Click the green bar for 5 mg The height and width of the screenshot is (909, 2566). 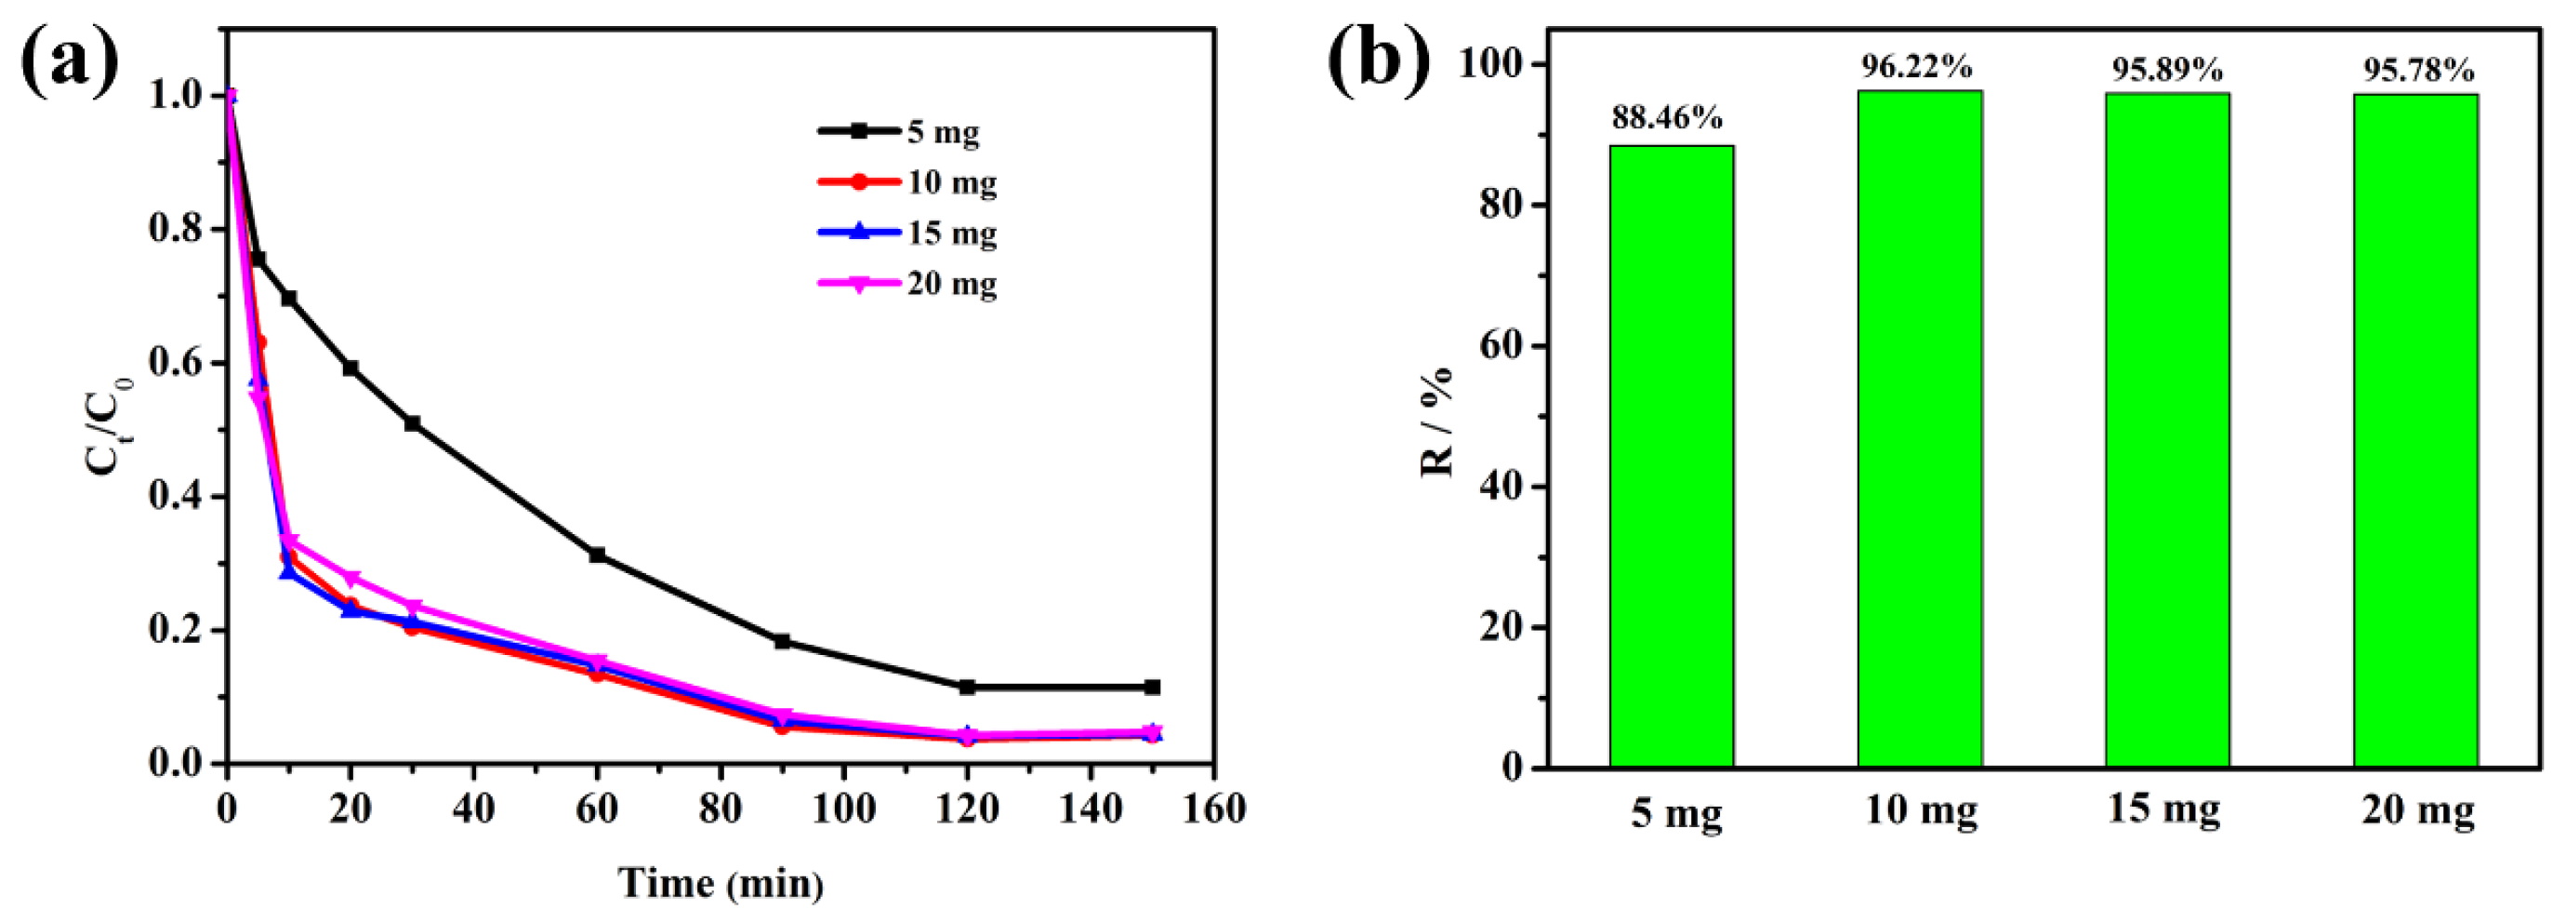tap(1672, 456)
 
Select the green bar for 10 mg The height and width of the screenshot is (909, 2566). tap(1920, 429)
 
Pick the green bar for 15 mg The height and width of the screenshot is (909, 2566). tap(2166, 430)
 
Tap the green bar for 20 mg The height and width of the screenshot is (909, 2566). tap(2414, 431)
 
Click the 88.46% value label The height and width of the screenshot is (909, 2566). tap(1668, 117)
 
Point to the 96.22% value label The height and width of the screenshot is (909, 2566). tap(1916, 67)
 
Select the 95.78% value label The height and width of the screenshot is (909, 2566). tap(2418, 71)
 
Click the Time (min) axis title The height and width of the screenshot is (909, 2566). tap(721, 882)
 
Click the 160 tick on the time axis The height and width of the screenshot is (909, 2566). tap(1212, 809)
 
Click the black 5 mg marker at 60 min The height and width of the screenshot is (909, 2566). tap(597, 555)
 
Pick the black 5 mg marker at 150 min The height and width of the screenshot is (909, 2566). tap(1152, 687)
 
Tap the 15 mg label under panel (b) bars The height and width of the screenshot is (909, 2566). tap(2163, 809)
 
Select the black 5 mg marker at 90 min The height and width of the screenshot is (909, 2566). tap(782, 641)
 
